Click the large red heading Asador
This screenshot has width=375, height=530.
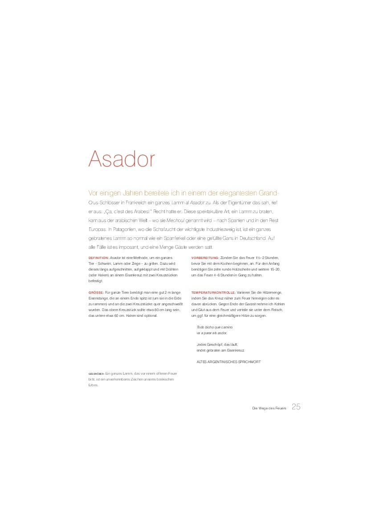[122, 159]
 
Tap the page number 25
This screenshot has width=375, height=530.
[296, 406]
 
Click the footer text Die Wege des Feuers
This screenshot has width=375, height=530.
[269, 408]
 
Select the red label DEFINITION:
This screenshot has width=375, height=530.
[98, 258]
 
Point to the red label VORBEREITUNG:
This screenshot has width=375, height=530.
[205, 258]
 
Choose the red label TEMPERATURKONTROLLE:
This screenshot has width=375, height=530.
[213, 292]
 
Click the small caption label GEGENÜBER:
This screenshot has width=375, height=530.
[96, 374]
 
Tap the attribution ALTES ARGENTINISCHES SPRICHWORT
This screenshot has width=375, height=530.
[228, 362]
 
